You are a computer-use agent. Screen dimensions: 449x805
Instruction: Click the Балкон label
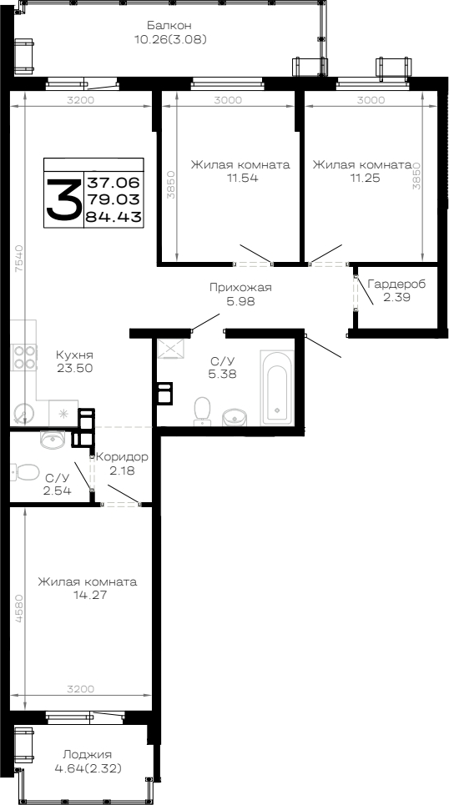[x=169, y=25]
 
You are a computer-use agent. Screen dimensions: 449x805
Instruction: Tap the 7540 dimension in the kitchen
[x=19, y=259]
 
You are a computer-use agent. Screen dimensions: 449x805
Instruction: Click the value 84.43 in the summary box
[x=113, y=218]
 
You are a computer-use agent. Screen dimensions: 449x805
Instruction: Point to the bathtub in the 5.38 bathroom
[x=277, y=387]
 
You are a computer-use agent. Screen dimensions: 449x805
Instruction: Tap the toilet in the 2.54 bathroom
[x=26, y=472]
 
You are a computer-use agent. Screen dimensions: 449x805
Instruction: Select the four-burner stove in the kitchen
[x=25, y=357]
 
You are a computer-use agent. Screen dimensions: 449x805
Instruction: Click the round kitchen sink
[x=23, y=412]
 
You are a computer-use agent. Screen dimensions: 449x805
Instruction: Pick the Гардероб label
[x=396, y=284]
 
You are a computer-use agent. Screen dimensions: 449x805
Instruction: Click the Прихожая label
[x=240, y=288]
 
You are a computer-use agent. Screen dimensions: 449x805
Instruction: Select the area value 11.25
[x=362, y=179]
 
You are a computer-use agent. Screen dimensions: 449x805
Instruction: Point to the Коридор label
[x=123, y=457]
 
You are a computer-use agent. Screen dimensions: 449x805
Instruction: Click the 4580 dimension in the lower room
[x=19, y=608]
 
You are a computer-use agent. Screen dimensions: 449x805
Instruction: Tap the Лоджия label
[x=88, y=755]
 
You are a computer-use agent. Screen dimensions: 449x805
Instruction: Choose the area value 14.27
[x=88, y=596]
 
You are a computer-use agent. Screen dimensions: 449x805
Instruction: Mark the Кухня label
[x=74, y=355]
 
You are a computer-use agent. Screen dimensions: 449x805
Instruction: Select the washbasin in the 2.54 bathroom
[x=53, y=439]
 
